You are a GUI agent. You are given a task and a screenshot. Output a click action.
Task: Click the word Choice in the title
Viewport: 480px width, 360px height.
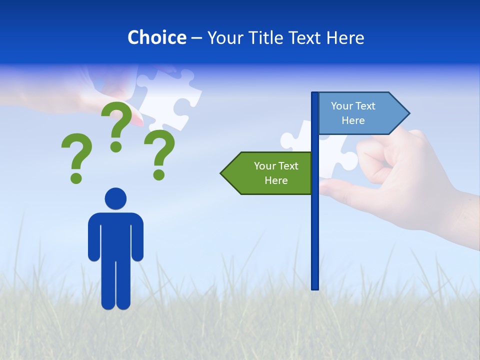pos(156,37)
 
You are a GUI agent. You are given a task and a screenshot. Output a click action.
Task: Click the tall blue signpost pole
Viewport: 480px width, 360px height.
pos(315,225)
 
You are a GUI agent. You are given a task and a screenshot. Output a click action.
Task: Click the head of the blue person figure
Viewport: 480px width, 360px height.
pos(115,198)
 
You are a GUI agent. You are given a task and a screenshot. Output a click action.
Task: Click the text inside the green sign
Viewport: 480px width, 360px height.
pos(276,173)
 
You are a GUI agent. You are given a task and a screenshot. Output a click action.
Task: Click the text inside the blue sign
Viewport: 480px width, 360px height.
pos(353,113)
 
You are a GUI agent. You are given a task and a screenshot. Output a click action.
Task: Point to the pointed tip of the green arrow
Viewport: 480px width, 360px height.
pos(222,173)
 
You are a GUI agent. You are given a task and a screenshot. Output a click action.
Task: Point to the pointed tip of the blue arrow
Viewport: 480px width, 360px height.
pos(408,113)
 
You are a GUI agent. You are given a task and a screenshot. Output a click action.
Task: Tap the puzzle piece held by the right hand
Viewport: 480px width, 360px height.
pos(340,155)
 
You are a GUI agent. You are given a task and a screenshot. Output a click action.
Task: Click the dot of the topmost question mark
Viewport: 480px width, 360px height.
pos(116,146)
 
